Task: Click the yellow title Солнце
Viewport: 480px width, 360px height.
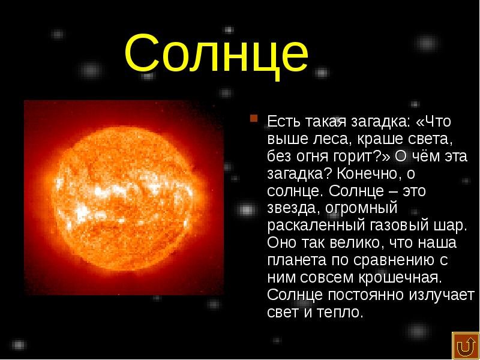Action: [217, 55]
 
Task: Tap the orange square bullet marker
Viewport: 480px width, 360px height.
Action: [253, 118]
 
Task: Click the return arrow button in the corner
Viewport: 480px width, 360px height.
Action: [466, 346]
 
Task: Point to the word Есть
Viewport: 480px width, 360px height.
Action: [283, 121]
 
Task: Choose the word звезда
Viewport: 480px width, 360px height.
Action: [292, 209]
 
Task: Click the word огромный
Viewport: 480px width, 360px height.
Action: [361, 209]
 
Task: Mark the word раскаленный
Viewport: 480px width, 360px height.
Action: [316, 226]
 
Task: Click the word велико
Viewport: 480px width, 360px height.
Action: [355, 244]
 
